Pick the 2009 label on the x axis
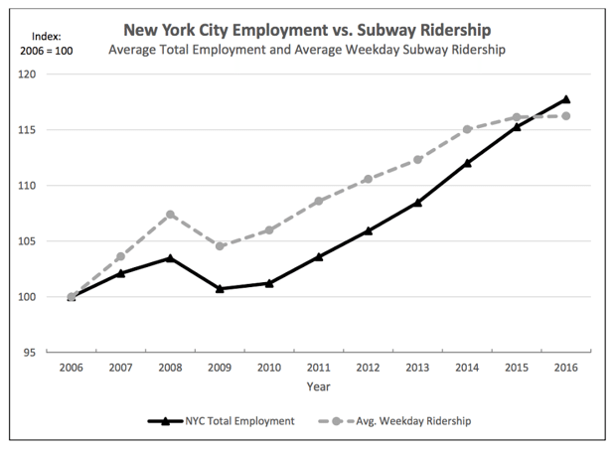pyautogui.click(x=219, y=368)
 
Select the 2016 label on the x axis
pyautogui.click(x=565, y=368)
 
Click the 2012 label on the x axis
pyautogui.click(x=368, y=368)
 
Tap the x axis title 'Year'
pyautogui.click(x=318, y=386)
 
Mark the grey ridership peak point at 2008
pyautogui.click(x=170, y=215)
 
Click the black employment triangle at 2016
pyautogui.click(x=565, y=99)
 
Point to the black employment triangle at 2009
pyautogui.click(x=219, y=288)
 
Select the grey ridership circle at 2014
pyautogui.click(x=467, y=129)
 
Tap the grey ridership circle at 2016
pyautogui.click(x=565, y=116)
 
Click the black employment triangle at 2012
pyautogui.click(x=368, y=230)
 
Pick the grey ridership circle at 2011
pyautogui.click(x=318, y=202)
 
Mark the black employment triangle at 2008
pyautogui.click(x=170, y=258)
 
